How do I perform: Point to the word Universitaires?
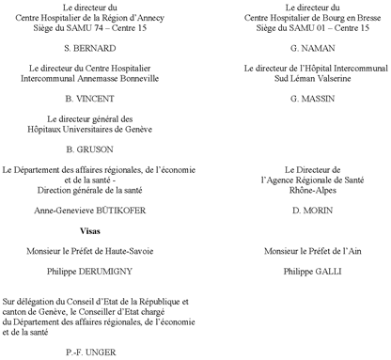tap(104, 128)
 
